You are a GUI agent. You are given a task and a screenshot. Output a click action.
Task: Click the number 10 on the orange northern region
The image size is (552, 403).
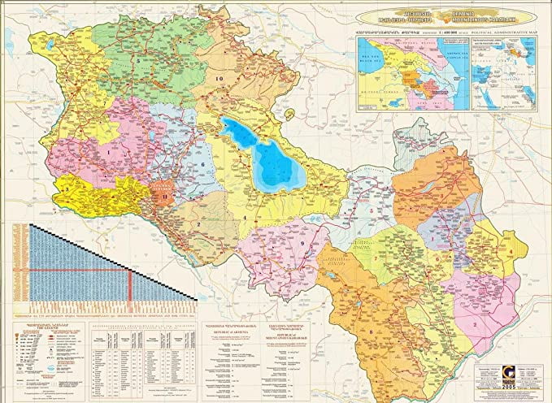[x=219, y=78]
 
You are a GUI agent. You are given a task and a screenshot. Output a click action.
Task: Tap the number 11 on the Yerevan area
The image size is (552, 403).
[x=165, y=196]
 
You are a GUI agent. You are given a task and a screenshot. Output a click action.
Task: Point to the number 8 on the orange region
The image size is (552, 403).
[x=372, y=331]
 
